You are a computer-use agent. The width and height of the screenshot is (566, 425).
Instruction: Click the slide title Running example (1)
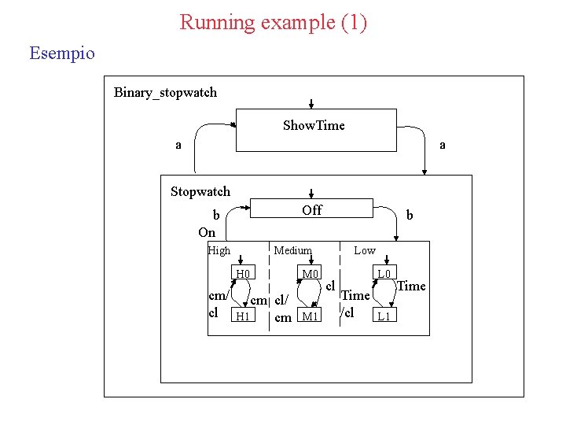tap(273, 22)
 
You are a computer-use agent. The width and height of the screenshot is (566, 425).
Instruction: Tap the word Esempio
tap(61, 54)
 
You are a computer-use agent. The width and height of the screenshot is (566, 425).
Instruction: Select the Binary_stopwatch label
tap(165, 93)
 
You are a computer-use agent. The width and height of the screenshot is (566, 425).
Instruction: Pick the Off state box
tap(311, 208)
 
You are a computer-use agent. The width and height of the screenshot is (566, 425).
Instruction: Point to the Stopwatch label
tap(200, 191)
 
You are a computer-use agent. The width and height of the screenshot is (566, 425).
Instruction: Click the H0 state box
tap(244, 274)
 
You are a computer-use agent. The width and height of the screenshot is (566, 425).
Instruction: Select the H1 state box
tap(244, 316)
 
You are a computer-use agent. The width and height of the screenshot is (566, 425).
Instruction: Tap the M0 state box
tap(311, 274)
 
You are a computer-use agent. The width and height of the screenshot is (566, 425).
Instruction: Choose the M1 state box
tap(311, 316)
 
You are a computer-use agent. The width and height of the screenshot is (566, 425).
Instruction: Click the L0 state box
tap(384, 274)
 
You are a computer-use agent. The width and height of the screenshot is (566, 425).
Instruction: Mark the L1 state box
tap(384, 316)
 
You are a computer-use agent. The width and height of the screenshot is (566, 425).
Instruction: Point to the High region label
tap(219, 251)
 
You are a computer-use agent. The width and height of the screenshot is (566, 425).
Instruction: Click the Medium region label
tap(292, 250)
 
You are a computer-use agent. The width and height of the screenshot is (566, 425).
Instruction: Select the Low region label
tap(365, 250)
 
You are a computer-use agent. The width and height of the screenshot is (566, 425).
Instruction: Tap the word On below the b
tap(207, 232)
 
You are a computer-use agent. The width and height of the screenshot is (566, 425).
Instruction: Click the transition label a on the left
tap(178, 145)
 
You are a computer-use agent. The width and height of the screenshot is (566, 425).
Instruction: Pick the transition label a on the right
tap(443, 145)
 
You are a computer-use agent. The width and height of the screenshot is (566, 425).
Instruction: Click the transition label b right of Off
tap(409, 214)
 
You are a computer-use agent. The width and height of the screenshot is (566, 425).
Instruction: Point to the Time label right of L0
tap(411, 286)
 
